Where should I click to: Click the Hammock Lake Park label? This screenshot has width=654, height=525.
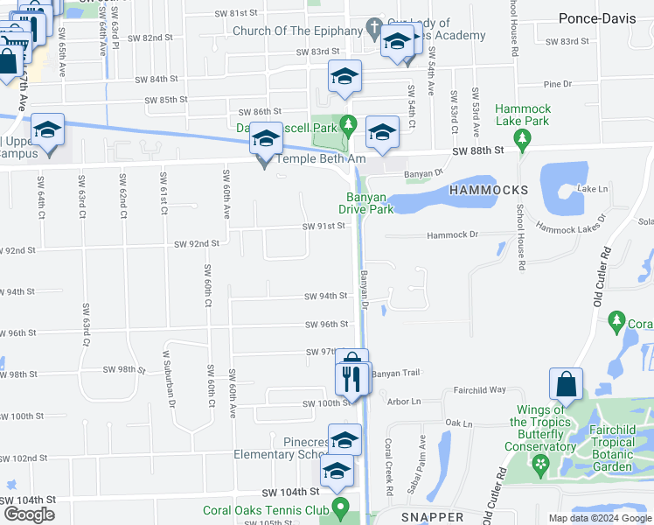[522, 115]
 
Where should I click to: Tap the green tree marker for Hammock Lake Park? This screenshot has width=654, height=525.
[522, 137]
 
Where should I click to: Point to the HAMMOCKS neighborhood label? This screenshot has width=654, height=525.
[489, 190]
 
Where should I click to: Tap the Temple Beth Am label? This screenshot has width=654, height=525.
[319, 158]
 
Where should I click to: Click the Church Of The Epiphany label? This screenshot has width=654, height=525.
[297, 31]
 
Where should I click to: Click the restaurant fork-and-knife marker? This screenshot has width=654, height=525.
[351, 379]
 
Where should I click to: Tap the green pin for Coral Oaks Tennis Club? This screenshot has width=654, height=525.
[342, 506]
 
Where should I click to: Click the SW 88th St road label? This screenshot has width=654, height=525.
[479, 151]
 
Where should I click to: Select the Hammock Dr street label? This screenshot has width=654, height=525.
[452, 235]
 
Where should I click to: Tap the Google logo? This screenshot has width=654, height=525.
[29, 514]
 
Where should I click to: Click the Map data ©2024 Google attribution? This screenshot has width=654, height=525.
[600, 518]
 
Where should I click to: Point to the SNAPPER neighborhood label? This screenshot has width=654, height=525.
[432, 517]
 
